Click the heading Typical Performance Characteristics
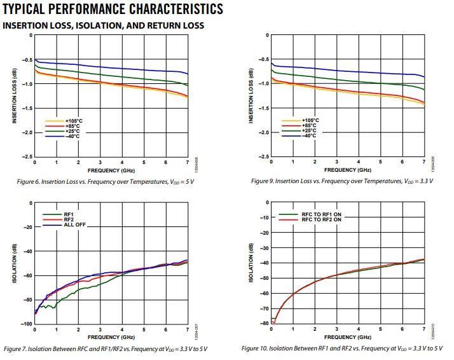(113, 9)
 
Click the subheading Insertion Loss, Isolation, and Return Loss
(104, 25)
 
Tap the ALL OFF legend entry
(72, 225)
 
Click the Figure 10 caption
(343, 349)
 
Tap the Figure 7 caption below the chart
(106, 349)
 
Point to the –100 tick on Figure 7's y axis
(26, 324)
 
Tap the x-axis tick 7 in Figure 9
(424, 163)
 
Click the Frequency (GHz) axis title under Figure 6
(111, 170)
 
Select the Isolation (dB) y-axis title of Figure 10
(251, 263)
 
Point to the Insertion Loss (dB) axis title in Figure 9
(251, 95)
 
